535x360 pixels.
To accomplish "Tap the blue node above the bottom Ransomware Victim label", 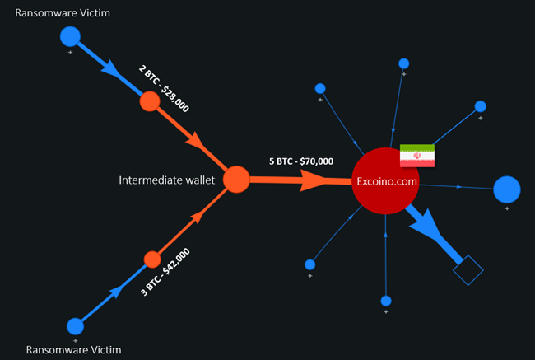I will pyautogui.click(x=75, y=325).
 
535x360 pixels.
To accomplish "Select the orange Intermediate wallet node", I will pyautogui.click(x=236, y=179).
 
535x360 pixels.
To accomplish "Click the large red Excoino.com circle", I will pyautogui.click(x=385, y=180).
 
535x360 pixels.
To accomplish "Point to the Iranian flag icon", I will pyautogui.click(x=417, y=156).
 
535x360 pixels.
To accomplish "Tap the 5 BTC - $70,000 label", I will pyautogui.click(x=301, y=161).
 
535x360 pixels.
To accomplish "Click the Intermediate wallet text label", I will pyautogui.click(x=167, y=180).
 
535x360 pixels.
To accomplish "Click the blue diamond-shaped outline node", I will pyautogui.click(x=468, y=270).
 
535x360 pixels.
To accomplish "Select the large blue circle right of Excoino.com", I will pyautogui.click(x=506, y=189).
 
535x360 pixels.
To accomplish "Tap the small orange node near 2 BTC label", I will pyautogui.click(x=149, y=101).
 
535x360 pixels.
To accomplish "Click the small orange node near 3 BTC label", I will pyautogui.click(x=151, y=259).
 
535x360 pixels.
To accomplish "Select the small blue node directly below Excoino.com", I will pyautogui.click(x=385, y=300).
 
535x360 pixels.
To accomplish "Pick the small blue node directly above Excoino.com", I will pyautogui.click(x=403, y=63).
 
